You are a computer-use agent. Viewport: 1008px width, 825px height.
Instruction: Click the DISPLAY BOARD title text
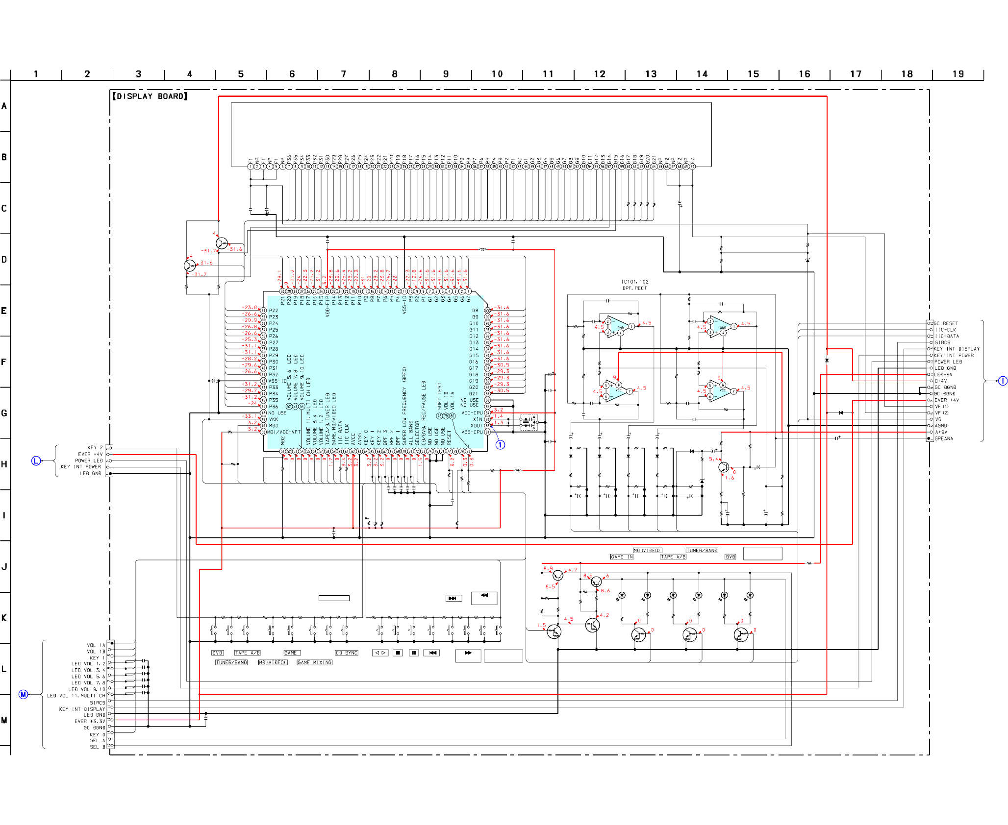[150, 97]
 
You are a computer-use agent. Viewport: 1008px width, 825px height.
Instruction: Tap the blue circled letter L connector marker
[36, 461]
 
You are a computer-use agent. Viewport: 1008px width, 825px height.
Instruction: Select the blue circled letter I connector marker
[1003, 381]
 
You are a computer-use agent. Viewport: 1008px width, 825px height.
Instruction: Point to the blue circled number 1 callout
[500, 445]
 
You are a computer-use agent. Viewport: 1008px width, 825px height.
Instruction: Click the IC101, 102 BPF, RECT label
[634, 285]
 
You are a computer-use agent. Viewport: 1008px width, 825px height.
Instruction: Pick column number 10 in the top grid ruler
[497, 74]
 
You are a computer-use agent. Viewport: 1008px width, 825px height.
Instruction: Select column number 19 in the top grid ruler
[958, 74]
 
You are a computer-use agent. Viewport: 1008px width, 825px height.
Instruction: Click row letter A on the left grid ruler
[4, 106]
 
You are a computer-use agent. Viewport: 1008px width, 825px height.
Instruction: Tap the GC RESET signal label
[946, 323]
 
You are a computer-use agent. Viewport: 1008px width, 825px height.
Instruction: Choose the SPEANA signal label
[944, 438]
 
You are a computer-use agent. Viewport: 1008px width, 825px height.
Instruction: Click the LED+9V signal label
[943, 374]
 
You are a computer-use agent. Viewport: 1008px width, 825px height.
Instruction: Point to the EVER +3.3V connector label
[90, 721]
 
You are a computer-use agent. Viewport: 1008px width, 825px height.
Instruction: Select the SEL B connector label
[94, 747]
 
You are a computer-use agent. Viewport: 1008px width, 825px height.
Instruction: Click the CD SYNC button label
[347, 653]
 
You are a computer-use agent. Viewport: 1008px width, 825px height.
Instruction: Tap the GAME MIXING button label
[315, 662]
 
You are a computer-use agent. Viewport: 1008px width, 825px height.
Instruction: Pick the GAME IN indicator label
[622, 557]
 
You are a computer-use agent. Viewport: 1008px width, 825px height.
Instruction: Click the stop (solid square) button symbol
[398, 653]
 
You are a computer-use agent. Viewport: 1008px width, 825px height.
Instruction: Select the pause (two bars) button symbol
[414, 653]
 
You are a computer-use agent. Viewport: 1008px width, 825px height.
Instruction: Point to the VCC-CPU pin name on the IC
[472, 413]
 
